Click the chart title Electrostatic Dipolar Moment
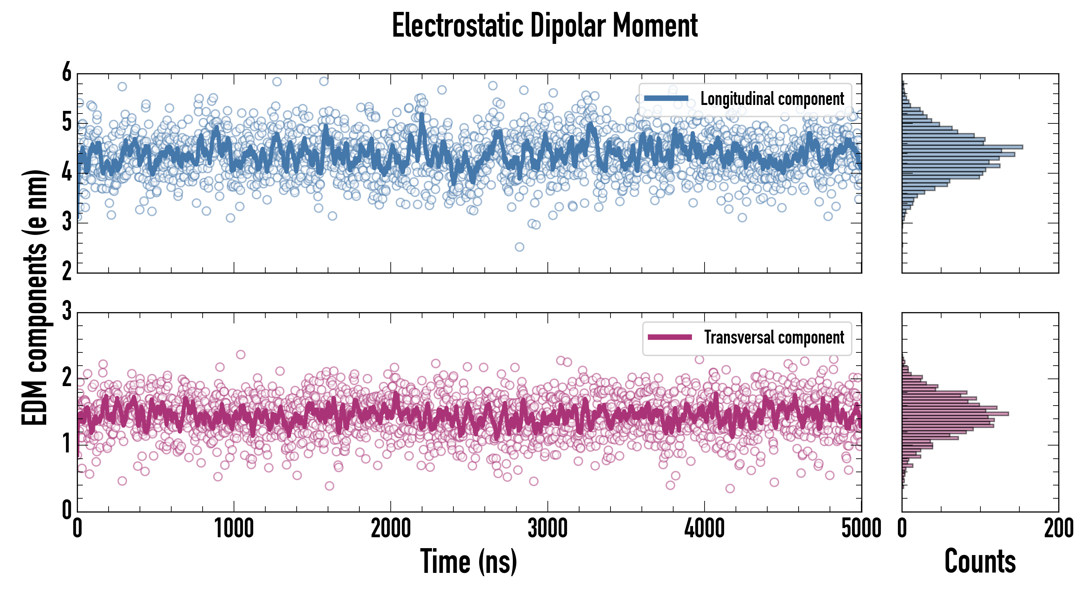(x=544, y=26)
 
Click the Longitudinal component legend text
(x=772, y=99)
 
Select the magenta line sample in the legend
(x=670, y=337)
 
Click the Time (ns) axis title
(x=468, y=561)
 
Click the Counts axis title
(x=980, y=561)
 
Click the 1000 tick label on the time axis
(x=234, y=528)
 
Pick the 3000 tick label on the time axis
(x=547, y=528)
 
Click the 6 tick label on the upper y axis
(x=67, y=73)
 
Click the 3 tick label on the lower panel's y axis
(x=67, y=312)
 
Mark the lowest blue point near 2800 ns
(x=519, y=247)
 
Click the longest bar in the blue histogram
(x=962, y=147)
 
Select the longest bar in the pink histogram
(x=955, y=413)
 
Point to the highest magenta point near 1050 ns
(x=241, y=354)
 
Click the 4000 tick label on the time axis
(x=704, y=528)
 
